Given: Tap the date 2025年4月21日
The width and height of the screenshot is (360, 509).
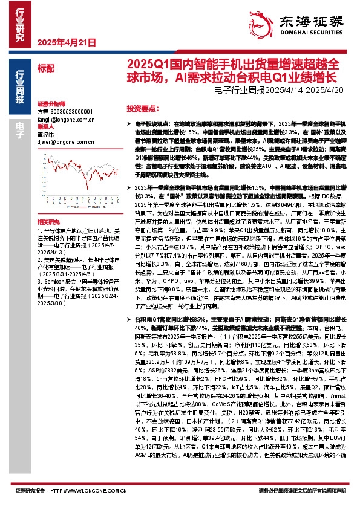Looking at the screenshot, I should [x=67, y=43].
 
